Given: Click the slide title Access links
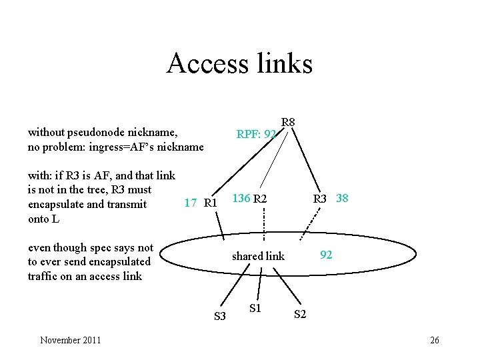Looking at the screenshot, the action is tap(239, 63).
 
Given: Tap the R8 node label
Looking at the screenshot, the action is tap(288, 123).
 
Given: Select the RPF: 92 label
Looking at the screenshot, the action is tap(256, 135).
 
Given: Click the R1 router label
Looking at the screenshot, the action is tap(211, 203).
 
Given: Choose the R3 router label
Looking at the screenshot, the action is tap(321, 199).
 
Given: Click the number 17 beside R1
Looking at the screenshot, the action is tap(190, 203).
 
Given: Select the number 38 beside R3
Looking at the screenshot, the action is tap(342, 199).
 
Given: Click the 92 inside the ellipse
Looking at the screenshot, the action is tap(326, 254).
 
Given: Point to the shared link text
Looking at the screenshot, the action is tap(258, 256).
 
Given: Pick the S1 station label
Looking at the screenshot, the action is tap(255, 308).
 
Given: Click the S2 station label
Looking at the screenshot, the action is tap(300, 314).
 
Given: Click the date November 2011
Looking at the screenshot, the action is tap(71, 341).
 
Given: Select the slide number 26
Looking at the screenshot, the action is tap(435, 341).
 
